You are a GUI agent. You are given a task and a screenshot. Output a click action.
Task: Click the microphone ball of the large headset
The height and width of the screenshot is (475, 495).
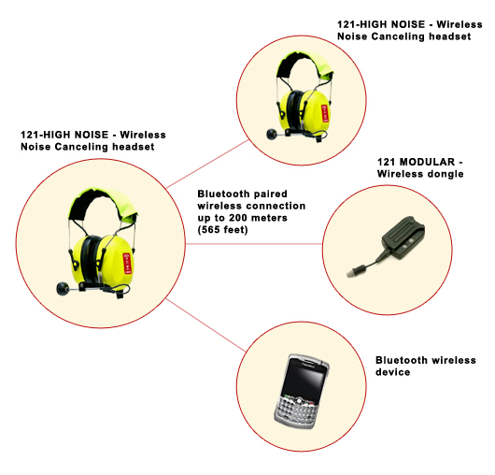point(63,289)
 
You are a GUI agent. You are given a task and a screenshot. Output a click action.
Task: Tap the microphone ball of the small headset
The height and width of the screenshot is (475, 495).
point(272,134)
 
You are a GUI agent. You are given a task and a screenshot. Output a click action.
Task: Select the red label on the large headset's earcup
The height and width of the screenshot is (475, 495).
point(127,264)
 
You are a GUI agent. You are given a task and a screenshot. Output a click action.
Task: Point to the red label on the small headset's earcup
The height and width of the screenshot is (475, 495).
point(324,113)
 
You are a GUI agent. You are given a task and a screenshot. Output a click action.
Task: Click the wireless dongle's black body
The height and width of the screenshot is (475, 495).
point(403,237)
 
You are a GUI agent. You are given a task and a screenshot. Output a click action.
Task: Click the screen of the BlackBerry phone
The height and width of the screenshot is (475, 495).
point(303,381)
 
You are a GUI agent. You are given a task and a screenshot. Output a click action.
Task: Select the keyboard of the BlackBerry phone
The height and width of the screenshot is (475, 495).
point(297,410)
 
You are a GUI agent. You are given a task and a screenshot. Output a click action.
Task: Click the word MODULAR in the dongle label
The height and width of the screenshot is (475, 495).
point(427,162)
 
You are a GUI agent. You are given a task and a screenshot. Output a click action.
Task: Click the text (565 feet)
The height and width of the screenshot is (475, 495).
point(223,230)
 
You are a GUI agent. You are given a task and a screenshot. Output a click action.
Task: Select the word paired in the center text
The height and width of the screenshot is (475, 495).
point(270,194)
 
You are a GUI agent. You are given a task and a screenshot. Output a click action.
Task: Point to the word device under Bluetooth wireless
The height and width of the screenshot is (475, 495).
point(392,372)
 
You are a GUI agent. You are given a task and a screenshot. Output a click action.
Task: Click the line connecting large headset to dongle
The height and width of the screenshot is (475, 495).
point(254,244)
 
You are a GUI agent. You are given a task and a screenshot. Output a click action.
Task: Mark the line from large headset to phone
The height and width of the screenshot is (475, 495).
point(205,324)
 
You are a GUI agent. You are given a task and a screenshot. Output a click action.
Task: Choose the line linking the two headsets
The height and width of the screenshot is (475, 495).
point(207,164)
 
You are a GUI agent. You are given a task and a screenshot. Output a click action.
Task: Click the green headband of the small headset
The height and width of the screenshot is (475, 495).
point(305,65)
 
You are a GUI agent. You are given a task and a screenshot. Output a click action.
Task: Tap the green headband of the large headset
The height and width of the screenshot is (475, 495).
point(103,202)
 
